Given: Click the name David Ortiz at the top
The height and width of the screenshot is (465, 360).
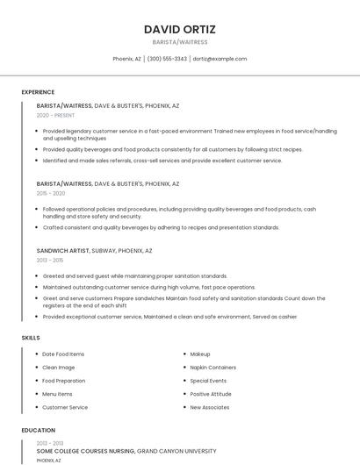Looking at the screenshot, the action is click(179, 29).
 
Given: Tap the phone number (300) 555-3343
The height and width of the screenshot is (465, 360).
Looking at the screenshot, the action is click(167, 59).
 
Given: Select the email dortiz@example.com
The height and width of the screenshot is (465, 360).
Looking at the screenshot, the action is click(220, 59).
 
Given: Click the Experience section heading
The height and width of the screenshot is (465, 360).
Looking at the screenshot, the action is click(38, 92).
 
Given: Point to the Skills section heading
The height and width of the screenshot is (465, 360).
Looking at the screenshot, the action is click(31, 337).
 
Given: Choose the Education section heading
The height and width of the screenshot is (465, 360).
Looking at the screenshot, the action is click(38, 430).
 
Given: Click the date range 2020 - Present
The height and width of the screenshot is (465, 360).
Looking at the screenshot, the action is click(55, 115).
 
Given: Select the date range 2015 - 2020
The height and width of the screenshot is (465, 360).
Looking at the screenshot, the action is click(51, 193).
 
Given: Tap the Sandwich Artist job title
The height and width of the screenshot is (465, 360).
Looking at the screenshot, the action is click(63, 250).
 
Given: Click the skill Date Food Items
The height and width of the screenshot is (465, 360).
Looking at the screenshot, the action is click(63, 354).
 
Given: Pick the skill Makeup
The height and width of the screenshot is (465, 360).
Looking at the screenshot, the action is click(200, 354).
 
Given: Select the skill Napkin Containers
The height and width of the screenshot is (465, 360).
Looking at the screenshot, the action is click(212, 367).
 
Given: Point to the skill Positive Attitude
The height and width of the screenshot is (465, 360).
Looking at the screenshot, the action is click(211, 394).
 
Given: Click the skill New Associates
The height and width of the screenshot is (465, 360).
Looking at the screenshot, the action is click(210, 407).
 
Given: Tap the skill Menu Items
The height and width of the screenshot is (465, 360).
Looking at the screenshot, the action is click(57, 394).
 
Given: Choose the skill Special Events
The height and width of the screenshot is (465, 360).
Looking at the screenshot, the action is click(208, 381).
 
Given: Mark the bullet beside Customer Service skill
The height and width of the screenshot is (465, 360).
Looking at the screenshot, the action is click(36, 407).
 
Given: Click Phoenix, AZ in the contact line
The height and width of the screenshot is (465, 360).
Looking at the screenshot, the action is click(126, 59).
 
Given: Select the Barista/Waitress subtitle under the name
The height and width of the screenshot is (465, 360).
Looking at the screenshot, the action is click(179, 42).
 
